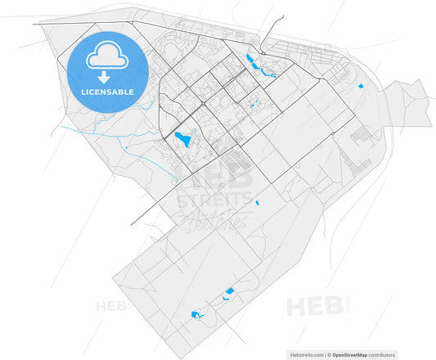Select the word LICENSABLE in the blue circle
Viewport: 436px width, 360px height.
pos(108,92)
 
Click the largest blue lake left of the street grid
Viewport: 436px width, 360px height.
pos(183,139)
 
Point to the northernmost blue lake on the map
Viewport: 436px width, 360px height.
pos(249,59)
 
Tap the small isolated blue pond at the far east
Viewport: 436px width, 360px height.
pos(360,86)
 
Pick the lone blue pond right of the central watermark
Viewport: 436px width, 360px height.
pos(257,202)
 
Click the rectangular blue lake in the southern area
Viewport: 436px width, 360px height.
pos(230,291)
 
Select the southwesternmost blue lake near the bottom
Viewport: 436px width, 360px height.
pos(196,313)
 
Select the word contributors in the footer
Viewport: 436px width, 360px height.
pos(381,355)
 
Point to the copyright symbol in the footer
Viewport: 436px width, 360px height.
pos(328,355)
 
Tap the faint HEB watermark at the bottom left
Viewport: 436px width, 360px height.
pos(111,308)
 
